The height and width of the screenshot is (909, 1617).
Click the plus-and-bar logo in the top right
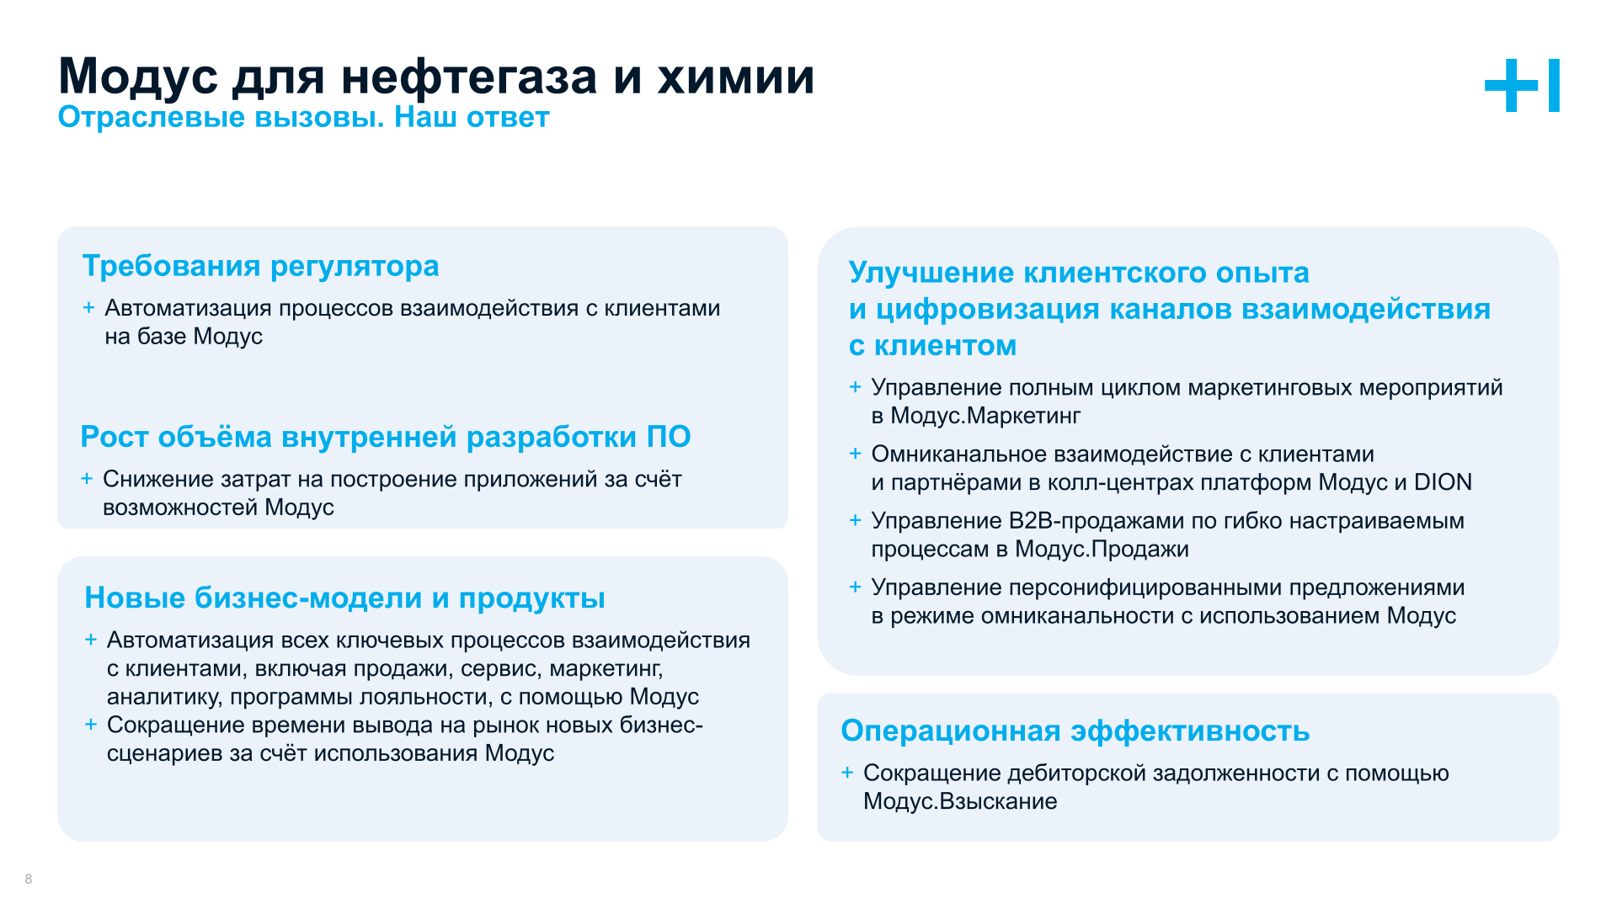point(1521,85)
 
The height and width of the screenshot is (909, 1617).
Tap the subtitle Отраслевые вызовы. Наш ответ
point(303,117)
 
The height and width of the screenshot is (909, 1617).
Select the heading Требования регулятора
point(260,266)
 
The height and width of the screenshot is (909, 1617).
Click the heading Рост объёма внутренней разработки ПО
point(385,437)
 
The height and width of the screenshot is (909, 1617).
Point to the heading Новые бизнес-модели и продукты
point(344,598)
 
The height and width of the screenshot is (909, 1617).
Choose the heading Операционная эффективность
point(1075,731)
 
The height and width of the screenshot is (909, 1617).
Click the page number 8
point(29,879)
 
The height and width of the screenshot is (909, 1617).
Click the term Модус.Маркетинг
point(985,416)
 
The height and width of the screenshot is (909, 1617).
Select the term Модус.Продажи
point(1102,550)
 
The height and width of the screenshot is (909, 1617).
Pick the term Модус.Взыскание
point(960,801)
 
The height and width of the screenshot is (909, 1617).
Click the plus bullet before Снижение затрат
point(87,479)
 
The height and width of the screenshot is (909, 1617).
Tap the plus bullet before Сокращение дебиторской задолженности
point(847,773)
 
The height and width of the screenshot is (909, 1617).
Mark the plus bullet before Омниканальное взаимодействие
point(855,454)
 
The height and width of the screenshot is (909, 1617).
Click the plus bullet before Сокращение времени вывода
point(91,725)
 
